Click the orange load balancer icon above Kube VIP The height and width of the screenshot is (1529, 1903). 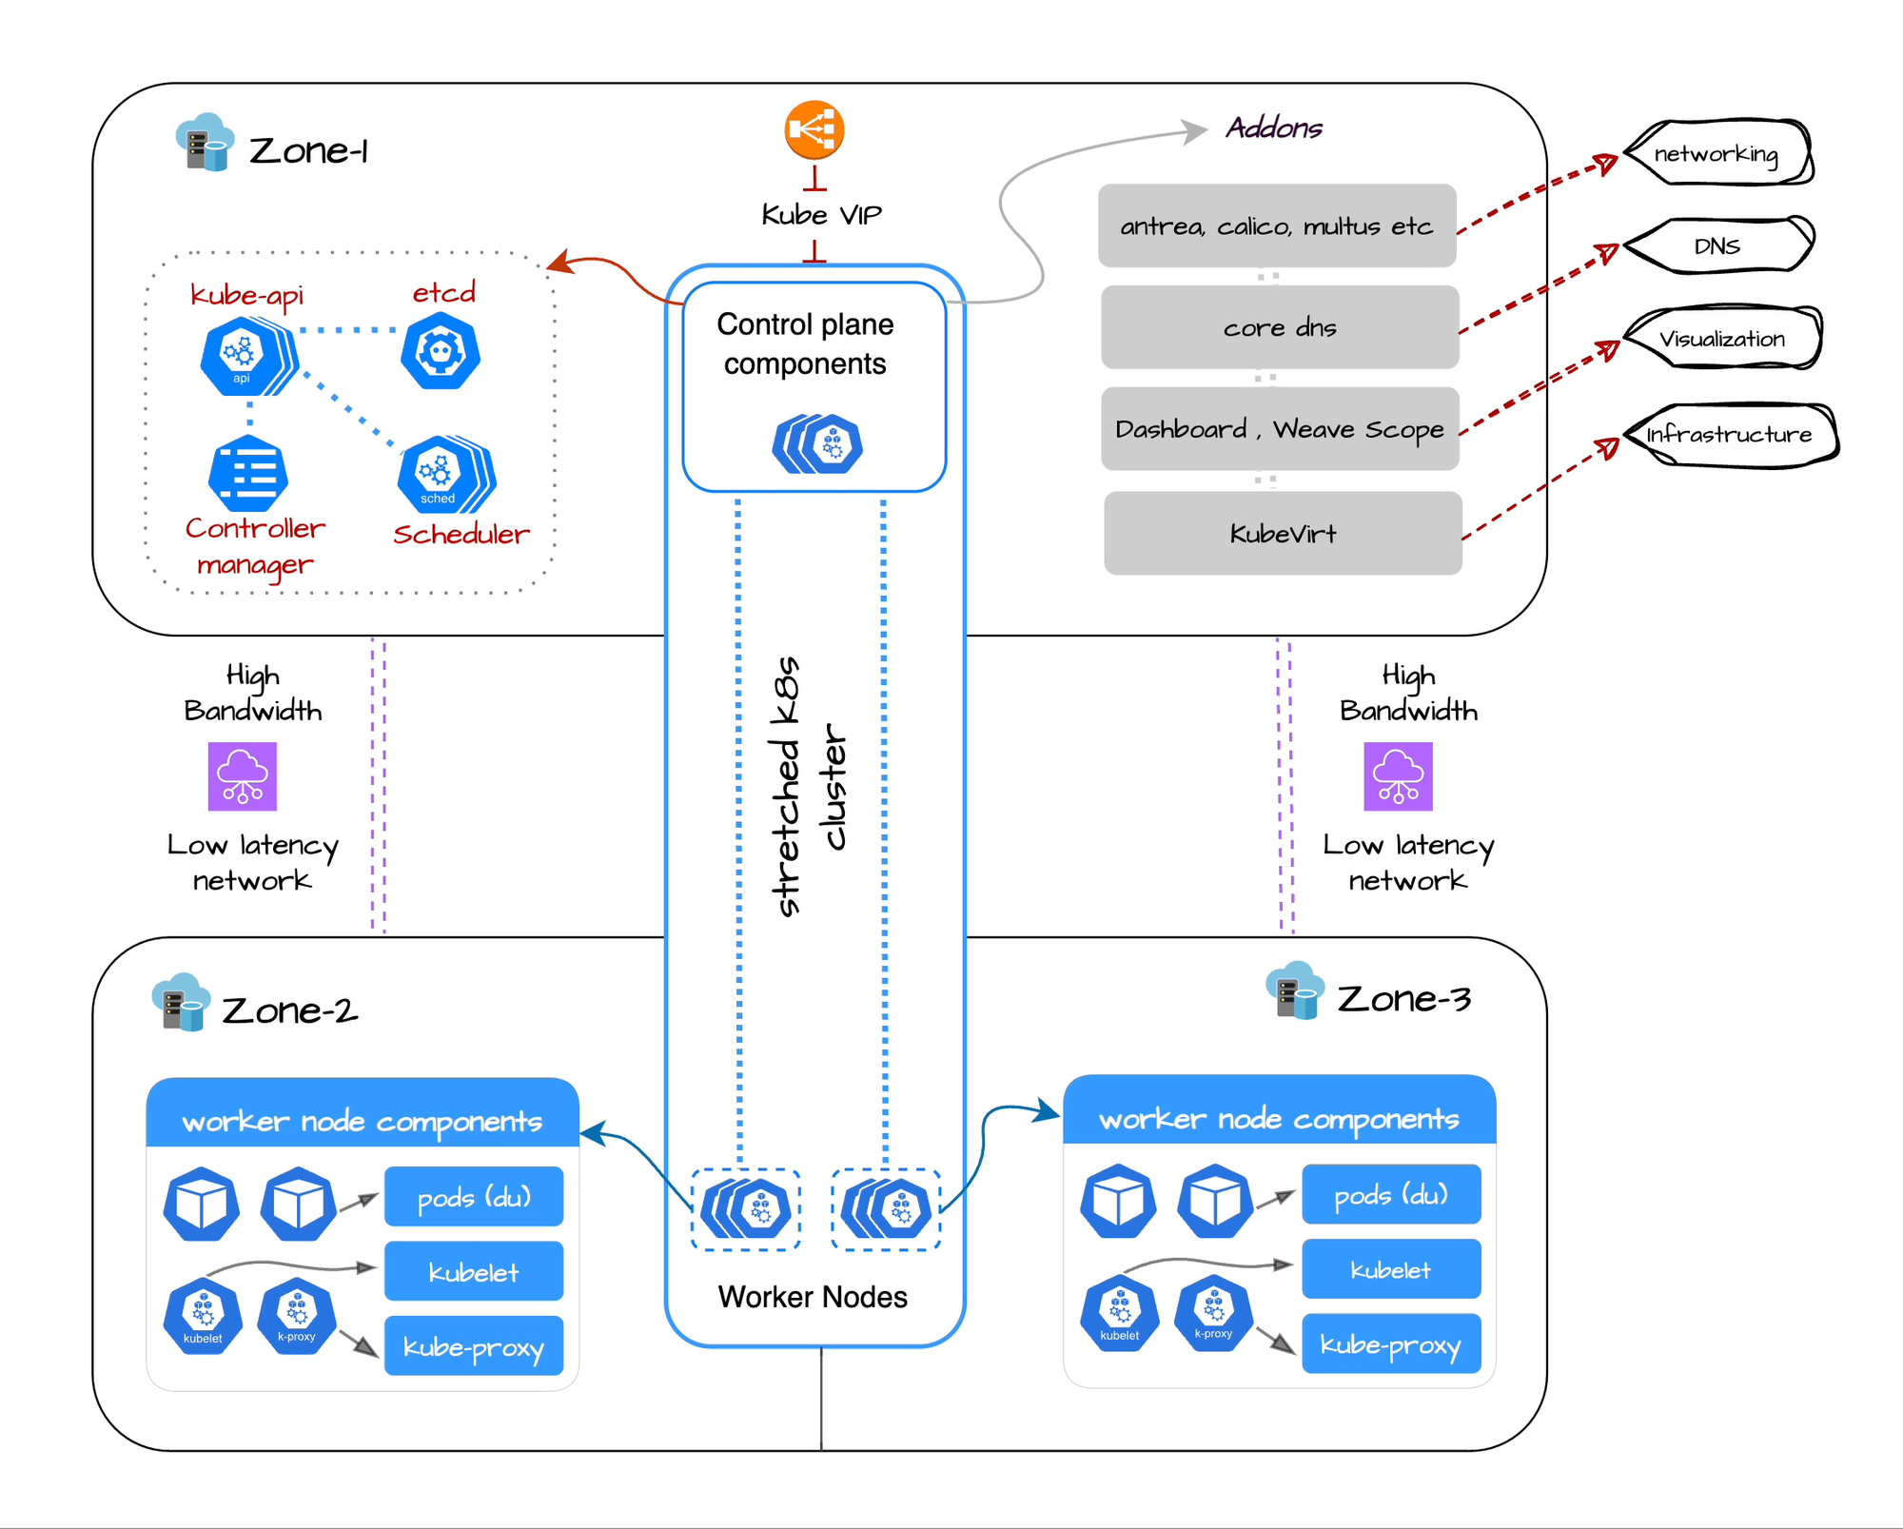click(x=814, y=129)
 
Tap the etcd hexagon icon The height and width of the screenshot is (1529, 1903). click(x=440, y=352)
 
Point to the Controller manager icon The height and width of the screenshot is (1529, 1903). click(x=247, y=473)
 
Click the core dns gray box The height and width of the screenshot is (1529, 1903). click(x=1279, y=327)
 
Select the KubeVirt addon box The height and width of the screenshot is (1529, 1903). click(x=1282, y=533)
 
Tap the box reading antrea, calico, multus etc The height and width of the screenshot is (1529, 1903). click(x=1276, y=225)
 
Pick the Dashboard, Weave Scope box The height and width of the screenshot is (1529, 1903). click(x=1279, y=429)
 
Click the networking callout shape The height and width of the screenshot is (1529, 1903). click(x=1717, y=153)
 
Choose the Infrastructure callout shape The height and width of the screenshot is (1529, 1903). click(x=1729, y=435)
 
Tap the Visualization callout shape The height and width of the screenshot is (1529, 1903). click(x=1722, y=339)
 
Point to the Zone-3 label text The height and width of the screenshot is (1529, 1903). click(x=1403, y=998)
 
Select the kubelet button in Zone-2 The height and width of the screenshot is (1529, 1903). click(x=473, y=1271)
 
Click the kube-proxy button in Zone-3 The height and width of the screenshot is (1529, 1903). click(x=1390, y=1343)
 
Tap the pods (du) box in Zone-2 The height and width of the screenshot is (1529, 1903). click(x=473, y=1197)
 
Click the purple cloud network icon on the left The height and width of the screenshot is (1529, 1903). click(x=242, y=776)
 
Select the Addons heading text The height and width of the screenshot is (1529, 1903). click(x=1273, y=127)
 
